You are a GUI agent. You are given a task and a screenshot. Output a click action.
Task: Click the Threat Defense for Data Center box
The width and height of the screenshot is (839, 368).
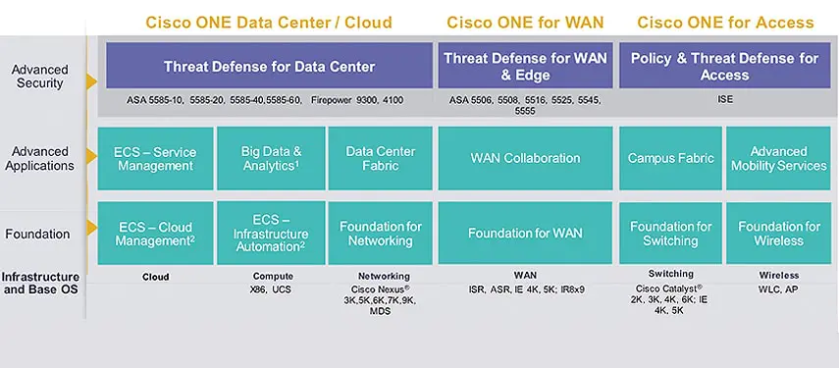[268, 66]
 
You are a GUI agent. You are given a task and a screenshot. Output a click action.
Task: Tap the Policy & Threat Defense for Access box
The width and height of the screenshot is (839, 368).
[725, 66]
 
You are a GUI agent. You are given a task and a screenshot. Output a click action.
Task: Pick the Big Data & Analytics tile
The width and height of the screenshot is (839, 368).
[270, 158]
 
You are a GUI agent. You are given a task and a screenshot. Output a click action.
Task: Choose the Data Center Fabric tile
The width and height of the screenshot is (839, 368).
[381, 158]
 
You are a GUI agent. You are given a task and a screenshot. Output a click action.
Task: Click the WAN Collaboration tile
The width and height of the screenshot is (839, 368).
[525, 158]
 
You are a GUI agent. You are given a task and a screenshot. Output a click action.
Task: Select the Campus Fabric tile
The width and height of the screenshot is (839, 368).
[670, 158]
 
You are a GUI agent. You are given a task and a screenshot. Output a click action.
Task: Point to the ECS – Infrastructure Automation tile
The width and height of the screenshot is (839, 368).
[270, 233]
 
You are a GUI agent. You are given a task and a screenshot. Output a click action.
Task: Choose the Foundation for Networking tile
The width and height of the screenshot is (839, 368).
[381, 233]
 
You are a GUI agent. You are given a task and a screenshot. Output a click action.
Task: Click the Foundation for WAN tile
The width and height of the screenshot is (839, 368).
[525, 233]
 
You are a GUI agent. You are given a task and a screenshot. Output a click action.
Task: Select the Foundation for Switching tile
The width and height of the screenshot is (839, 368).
[670, 233]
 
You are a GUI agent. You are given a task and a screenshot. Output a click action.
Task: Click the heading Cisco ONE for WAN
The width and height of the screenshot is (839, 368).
[525, 23]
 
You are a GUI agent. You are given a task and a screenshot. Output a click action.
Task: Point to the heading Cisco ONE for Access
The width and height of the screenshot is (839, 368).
[725, 23]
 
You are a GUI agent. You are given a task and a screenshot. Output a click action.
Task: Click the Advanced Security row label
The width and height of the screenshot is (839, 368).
[40, 77]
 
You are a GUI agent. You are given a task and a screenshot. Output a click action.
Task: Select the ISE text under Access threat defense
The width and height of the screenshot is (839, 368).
[725, 99]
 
